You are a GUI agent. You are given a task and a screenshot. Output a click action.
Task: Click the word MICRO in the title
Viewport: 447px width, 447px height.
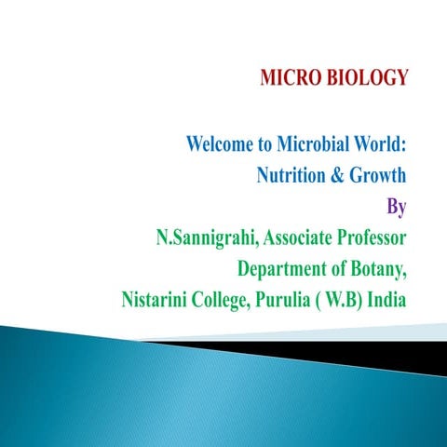289,78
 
